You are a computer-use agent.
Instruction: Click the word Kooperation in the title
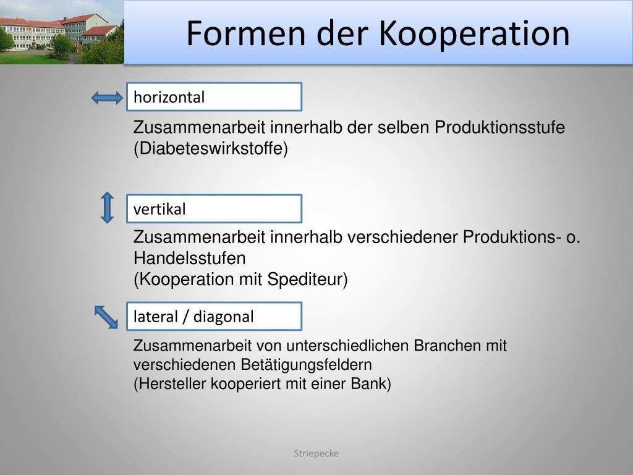(x=474, y=34)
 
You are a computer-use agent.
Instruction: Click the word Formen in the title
(x=246, y=33)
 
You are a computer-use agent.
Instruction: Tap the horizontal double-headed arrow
(x=107, y=98)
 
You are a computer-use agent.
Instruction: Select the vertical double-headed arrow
(x=107, y=208)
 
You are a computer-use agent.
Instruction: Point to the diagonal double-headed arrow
(x=106, y=317)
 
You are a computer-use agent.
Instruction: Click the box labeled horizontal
(x=214, y=97)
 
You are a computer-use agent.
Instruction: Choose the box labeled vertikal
(x=214, y=209)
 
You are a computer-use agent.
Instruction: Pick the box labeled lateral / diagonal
(x=214, y=316)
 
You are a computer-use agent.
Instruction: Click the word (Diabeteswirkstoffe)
(x=211, y=148)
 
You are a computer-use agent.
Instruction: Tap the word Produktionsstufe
(x=499, y=127)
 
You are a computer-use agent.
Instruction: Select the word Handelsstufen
(x=189, y=258)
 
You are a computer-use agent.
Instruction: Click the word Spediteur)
(x=307, y=280)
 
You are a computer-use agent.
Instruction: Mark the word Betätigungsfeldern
(x=307, y=365)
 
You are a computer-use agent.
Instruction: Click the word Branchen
(x=447, y=346)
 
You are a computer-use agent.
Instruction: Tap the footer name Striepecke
(x=316, y=453)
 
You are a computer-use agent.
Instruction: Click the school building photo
(x=62, y=32)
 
